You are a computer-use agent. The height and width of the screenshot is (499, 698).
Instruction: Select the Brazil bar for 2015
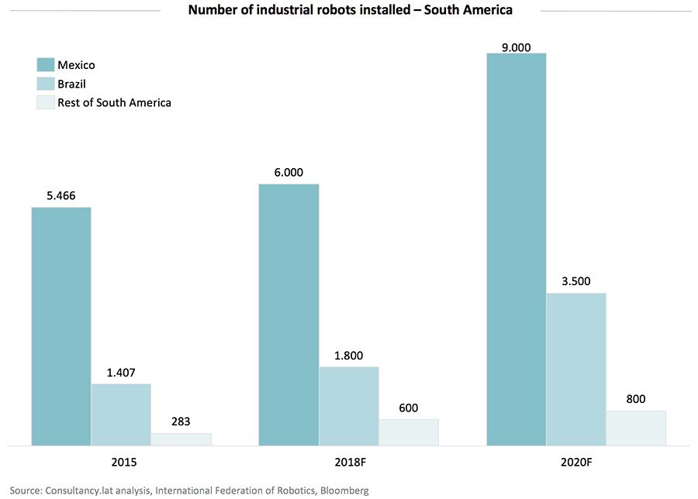point(121,415)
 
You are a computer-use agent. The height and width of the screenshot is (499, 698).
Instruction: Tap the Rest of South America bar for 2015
point(181,439)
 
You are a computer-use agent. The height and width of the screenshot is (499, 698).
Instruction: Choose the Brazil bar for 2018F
point(349,406)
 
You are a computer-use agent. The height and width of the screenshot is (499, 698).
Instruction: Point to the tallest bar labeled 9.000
point(516,248)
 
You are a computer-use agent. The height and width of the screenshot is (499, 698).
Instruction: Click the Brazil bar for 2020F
point(576,369)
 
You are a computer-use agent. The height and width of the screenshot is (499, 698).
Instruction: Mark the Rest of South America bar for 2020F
point(636,428)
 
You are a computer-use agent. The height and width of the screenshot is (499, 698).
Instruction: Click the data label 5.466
point(61,197)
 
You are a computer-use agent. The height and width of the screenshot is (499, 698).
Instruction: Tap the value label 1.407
point(121,373)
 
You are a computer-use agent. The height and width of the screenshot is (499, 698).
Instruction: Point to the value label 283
point(181,423)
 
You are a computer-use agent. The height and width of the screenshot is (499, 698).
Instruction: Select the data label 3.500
point(576,282)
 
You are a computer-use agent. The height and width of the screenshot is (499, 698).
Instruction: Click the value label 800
point(636,400)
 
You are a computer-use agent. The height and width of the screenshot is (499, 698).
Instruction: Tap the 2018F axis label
point(350,463)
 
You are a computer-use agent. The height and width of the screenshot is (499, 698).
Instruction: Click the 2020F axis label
point(576,463)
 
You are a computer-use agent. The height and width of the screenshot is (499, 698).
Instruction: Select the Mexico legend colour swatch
point(45,65)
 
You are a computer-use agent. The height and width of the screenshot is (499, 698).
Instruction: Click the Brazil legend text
point(71,84)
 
